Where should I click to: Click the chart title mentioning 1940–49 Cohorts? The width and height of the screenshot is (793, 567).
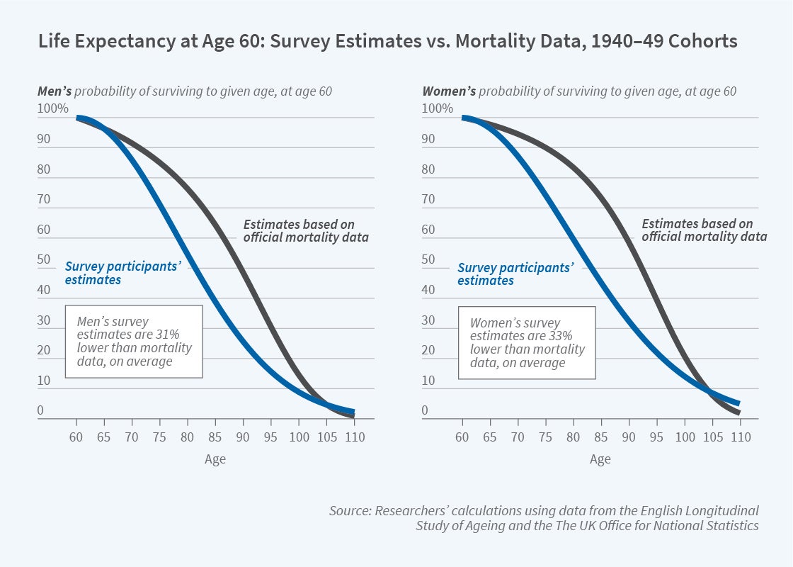tap(387, 42)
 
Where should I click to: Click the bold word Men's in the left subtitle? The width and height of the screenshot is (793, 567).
tap(55, 91)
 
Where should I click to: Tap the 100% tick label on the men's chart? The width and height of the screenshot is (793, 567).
tap(53, 108)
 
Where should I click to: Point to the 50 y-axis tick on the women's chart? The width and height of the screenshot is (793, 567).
tap(428, 259)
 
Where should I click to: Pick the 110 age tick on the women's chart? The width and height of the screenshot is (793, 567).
tap(740, 437)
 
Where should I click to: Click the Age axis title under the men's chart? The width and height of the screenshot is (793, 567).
tap(215, 459)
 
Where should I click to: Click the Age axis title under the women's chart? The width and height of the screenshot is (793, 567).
tap(600, 459)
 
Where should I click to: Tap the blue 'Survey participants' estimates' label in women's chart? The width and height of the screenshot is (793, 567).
tap(515, 274)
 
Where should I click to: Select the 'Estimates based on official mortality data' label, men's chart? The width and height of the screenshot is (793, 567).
tap(306, 230)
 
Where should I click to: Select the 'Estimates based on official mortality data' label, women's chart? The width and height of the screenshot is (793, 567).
tap(704, 230)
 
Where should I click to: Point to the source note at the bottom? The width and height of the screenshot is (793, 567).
tap(544, 518)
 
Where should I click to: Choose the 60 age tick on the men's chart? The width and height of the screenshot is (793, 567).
tap(76, 437)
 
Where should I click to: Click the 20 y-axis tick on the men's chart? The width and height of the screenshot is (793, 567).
tap(44, 350)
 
